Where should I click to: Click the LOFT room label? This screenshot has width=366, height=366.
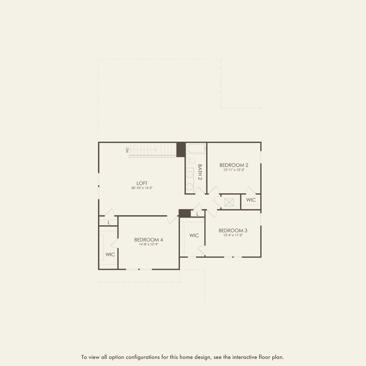pos(142,183)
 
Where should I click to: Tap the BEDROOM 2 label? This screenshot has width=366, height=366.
pos(234,165)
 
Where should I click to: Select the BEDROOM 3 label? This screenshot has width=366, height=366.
pos(233,231)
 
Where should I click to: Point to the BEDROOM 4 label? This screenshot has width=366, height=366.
pos(148,240)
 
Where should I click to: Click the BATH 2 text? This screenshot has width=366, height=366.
pos(200,172)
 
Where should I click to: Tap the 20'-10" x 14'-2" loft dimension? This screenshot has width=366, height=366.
pos(142,188)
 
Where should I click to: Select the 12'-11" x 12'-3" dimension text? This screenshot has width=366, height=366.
pos(234,170)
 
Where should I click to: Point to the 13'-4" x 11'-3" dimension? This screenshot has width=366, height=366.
pos(233,235)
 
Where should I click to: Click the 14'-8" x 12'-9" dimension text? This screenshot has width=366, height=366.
pos(148,244)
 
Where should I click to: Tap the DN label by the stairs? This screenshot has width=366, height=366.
pos(127,150)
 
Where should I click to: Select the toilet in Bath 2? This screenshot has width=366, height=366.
pos(191,161)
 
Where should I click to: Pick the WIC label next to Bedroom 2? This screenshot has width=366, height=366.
pos(251,200)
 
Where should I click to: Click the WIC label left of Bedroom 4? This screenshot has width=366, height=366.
pos(110,254)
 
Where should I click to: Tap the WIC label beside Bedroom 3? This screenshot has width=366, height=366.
pos(194,236)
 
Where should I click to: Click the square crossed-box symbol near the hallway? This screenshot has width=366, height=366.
pos(229,202)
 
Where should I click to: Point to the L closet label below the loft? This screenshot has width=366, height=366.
pos(109,223)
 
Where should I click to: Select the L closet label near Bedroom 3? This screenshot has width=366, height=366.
pos(197,214)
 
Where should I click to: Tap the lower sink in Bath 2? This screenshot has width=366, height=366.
pos(189,186)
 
